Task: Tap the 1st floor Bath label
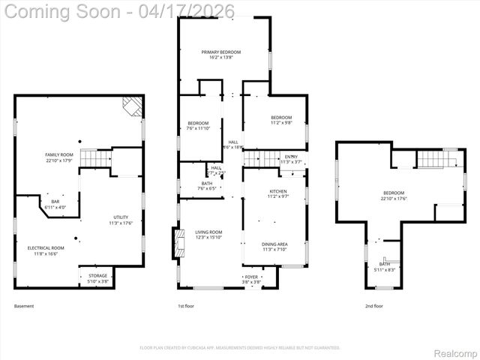[x=206, y=185]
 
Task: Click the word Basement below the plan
[x=24, y=306]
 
